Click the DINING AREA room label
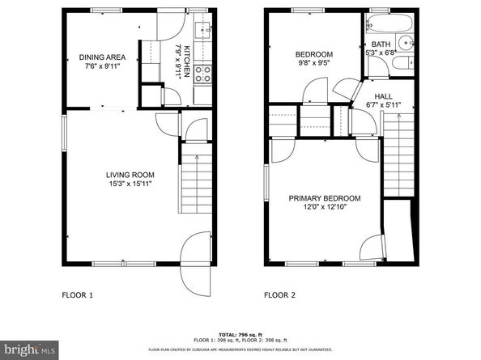click(x=101, y=57)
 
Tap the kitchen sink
click(x=205, y=32)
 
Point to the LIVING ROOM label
click(x=130, y=175)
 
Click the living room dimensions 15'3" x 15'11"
click(x=130, y=184)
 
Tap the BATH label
click(x=380, y=44)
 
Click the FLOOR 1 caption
click(x=78, y=295)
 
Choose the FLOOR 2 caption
click(x=280, y=295)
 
